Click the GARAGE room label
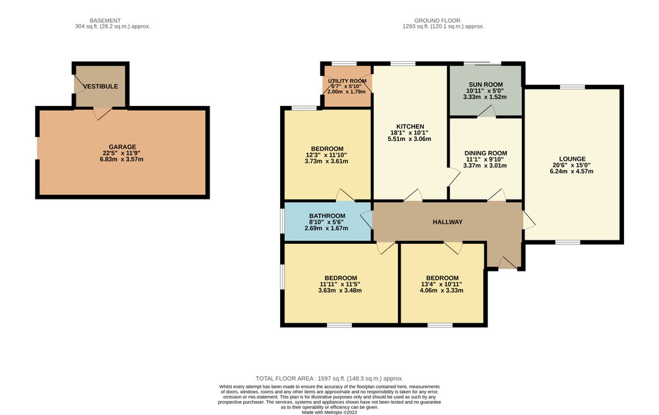(123, 147)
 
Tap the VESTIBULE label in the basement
(100, 86)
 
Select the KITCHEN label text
(410, 126)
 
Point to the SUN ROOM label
(486, 84)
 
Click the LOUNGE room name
(573, 159)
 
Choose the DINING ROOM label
(486, 153)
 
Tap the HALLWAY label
(447, 222)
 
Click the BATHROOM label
(327, 216)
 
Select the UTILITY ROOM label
(347, 81)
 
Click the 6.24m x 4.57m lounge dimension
(571, 171)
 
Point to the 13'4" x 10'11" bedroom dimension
(442, 285)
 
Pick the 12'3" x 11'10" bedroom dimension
(326, 155)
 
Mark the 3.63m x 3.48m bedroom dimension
(340, 290)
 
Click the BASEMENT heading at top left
(105, 20)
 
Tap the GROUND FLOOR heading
(437, 20)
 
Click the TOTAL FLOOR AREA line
(329, 379)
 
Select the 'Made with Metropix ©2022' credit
(329, 412)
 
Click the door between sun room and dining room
(487, 112)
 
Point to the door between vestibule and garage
(101, 113)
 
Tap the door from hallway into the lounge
(529, 220)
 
